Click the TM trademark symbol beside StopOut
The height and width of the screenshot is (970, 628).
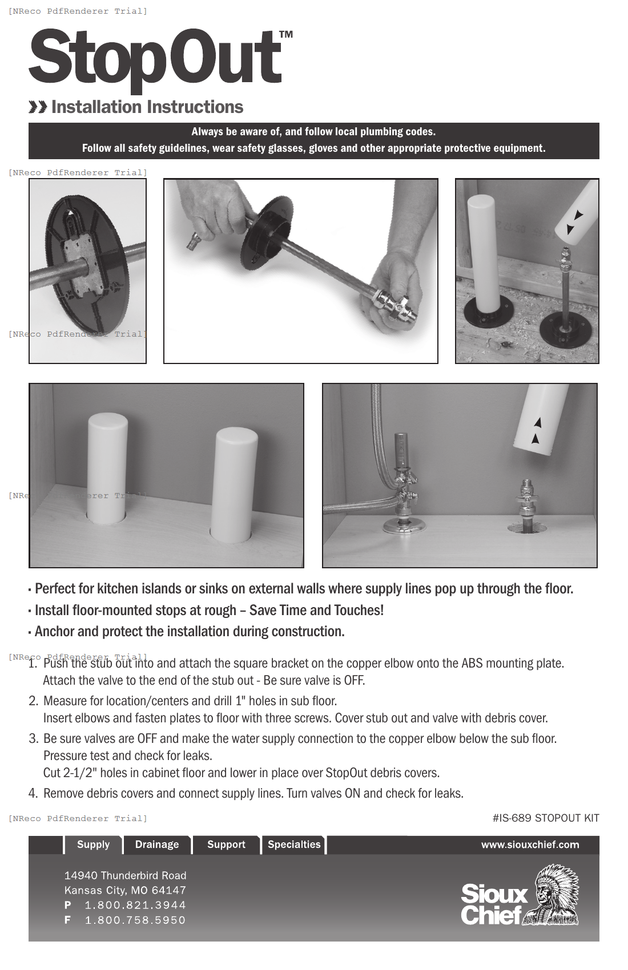pos(286,35)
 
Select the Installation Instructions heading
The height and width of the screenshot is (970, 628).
pos(147,107)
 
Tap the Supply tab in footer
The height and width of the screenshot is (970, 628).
pos(93,844)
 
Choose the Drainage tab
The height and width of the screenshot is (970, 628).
pos(157,844)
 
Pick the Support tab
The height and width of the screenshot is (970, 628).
pos(226,844)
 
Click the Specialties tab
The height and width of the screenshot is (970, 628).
pos(294,844)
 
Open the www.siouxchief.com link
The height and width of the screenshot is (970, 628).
pos(530,844)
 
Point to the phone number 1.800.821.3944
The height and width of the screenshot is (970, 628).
pos(135,905)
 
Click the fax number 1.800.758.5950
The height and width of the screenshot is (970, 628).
pos(135,920)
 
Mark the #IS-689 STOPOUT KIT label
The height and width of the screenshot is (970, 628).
pos(546,818)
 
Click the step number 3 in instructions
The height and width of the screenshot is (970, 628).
pos(33,739)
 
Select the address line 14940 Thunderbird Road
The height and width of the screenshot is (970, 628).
pos(125,875)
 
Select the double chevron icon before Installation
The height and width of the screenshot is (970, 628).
pos(38,107)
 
